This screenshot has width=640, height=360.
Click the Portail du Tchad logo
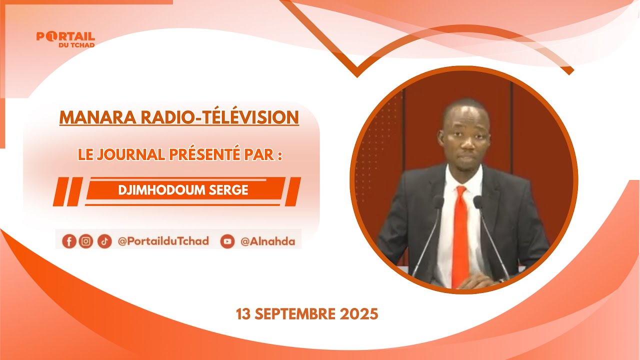(65, 39)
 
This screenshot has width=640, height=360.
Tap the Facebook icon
(69, 241)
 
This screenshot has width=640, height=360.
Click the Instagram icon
(86, 241)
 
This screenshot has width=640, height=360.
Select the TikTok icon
(104, 241)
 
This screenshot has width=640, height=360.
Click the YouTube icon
(227, 241)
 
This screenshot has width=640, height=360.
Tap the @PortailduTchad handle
(163, 241)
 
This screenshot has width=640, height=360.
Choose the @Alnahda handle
(267, 241)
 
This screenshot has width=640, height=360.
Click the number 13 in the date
(243, 314)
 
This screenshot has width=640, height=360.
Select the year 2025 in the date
(359, 314)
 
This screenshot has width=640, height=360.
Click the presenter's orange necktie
(460, 235)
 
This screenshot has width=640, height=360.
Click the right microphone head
(477, 202)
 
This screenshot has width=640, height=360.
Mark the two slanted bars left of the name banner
(67, 191)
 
